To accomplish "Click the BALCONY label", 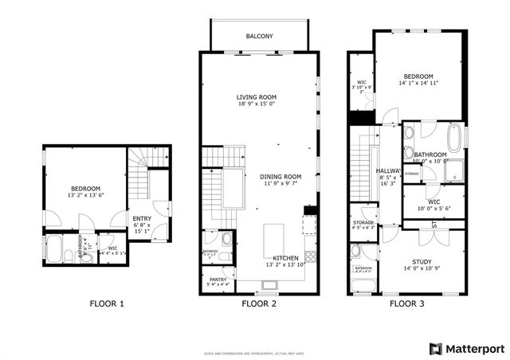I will point(260,37).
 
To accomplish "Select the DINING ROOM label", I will point(280,176).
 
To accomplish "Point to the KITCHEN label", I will point(285,259).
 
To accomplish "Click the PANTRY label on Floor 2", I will point(218,279).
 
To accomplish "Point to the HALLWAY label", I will point(388,170).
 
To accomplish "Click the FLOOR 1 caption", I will point(106,303).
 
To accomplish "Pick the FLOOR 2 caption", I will point(259,303).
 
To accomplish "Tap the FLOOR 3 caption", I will point(406,303).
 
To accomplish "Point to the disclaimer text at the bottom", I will point(255,328).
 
